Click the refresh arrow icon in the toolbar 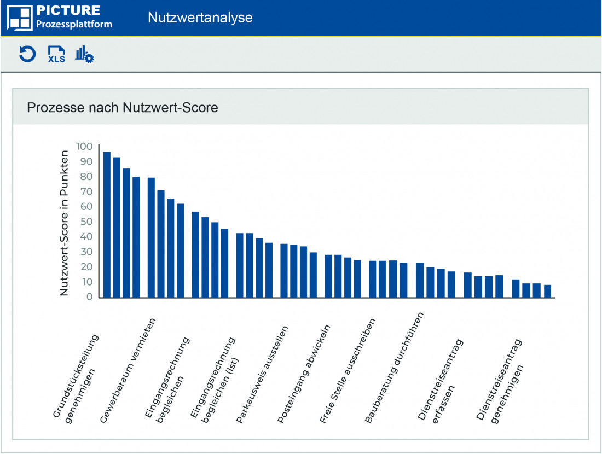tap(27, 54)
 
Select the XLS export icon tap(56, 54)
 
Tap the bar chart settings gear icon tap(84, 54)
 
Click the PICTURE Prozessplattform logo tap(60, 17)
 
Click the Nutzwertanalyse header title tap(200, 18)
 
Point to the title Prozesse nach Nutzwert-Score tap(123, 108)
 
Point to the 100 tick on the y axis tap(85, 147)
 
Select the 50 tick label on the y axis tap(87, 222)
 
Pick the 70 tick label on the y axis tap(87, 192)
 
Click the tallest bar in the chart tap(107, 224)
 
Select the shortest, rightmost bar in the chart tap(547, 291)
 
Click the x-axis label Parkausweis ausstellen tap(262, 375)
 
